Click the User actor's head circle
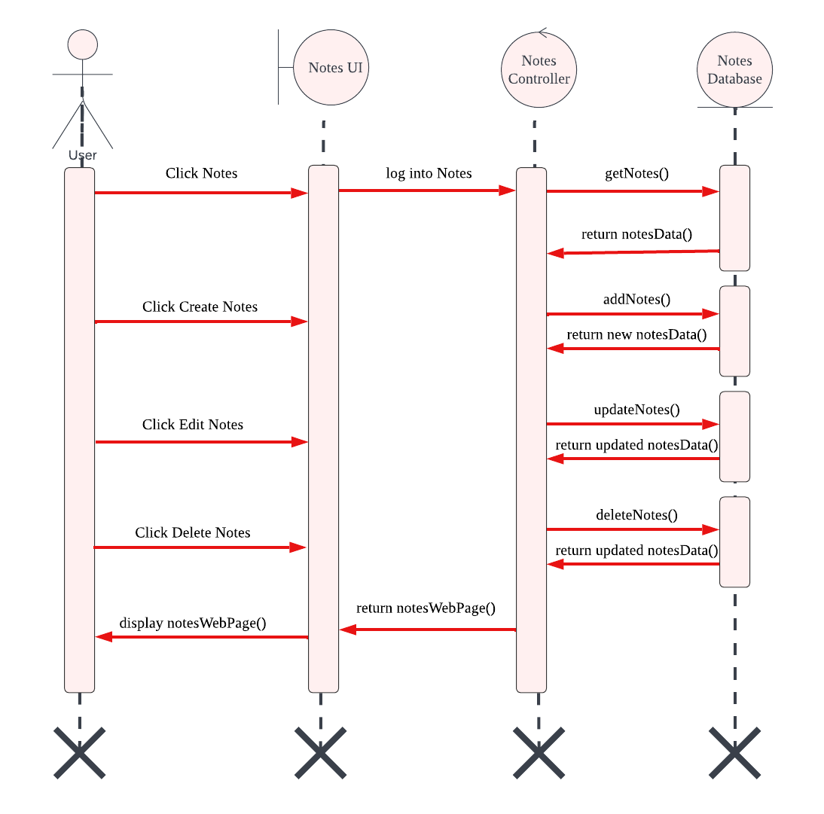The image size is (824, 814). [x=83, y=44]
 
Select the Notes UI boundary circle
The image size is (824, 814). [x=331, y=68]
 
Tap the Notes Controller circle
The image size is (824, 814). [x=539, y=69]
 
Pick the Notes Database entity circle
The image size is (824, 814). [x=734, y=69]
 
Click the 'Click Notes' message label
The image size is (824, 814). [x=201, y=173]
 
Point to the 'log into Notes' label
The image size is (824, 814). [x=429, y=173]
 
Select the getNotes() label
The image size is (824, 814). [x=636, y=173]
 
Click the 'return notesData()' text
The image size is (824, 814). [x=636, y=233]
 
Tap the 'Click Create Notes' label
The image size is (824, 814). [x=200, y=306]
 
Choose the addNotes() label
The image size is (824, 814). [x=636, y=299]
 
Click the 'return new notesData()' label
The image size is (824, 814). [x=636, y=334]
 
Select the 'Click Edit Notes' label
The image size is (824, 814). [x=193, y=425]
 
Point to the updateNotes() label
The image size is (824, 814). [x=636, y=410]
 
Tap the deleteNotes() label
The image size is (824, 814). [x=636, y=515]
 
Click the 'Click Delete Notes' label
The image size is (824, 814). [x=193, y=532]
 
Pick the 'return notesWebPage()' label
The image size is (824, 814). [x=426, y=608]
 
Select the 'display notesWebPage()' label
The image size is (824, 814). [x=193, y=623]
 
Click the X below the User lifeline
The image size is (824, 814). [x=79, y=752]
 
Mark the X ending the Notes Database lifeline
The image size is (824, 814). [x=734, y=752]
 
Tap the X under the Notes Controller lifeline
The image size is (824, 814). [x=538, y=752]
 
